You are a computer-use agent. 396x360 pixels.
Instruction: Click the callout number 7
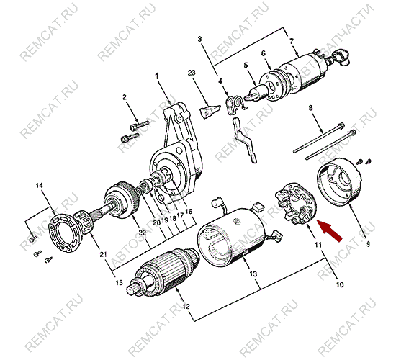tap(293, 41)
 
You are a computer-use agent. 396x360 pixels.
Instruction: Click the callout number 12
tap(186, 308)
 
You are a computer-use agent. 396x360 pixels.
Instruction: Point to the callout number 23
tap(192, 74)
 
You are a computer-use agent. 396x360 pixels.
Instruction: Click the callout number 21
tap(102, 254)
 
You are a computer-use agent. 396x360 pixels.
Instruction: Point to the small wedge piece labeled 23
tap(208, 112)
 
